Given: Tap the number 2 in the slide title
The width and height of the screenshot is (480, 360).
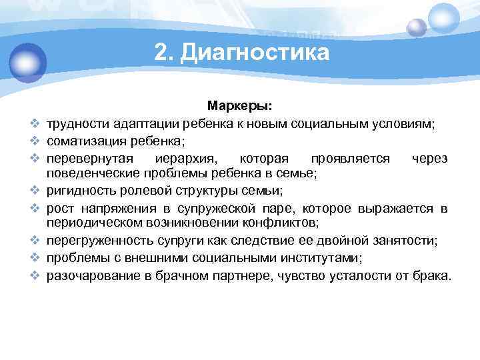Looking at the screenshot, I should [159, 52].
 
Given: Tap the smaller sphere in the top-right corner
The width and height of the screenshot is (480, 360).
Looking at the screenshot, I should [417, 27].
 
